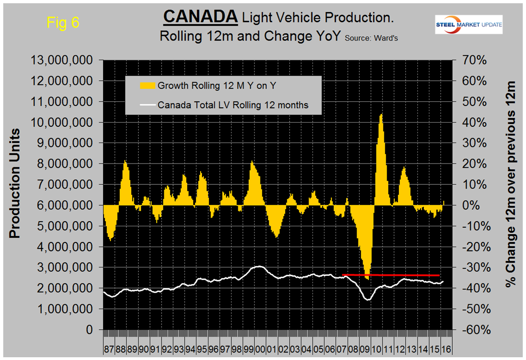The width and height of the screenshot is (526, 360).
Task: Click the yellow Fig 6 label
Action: coord(63,23)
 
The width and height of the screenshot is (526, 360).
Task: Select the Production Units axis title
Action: coord(15,183)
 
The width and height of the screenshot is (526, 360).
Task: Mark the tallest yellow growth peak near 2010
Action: coord(381,115)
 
